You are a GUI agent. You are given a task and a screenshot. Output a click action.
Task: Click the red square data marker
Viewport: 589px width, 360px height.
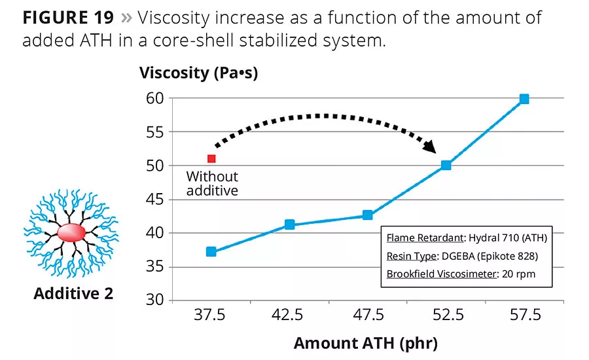[x=211, y=158]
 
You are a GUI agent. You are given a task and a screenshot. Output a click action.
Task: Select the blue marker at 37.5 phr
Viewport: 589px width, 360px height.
[x=211, y=251]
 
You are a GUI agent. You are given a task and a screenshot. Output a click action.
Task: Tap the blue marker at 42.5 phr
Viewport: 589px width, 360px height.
[x=289, y=225]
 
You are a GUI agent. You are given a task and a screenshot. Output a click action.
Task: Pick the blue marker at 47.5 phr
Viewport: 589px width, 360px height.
[x=368, y=215]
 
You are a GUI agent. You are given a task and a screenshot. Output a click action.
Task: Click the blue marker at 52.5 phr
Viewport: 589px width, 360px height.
[x=446, y=165]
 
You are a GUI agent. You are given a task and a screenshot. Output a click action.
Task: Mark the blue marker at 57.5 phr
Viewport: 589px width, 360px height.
[x=524, y=99]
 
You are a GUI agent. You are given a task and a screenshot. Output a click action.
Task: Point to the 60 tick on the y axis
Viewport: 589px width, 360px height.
[x=154, y=98]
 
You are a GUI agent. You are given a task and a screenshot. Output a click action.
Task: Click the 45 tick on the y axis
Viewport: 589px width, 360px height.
[x=154, y=200]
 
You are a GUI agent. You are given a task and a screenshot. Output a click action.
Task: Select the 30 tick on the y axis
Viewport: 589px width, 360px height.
[x=154, y=301]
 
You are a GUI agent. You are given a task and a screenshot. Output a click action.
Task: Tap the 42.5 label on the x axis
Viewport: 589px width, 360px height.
[x=289, y=316]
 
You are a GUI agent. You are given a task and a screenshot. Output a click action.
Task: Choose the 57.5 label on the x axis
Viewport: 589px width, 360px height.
[x=524, y=316]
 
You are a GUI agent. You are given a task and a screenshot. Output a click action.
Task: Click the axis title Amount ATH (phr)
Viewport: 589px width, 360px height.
[x=365, y=343]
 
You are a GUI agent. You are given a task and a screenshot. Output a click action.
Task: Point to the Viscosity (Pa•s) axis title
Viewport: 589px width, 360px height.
[x=199, y=73]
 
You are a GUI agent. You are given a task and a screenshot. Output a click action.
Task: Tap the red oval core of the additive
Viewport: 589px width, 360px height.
[x=71, y=232]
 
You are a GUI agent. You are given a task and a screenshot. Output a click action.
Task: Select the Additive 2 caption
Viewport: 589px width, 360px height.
[x=73, y=293]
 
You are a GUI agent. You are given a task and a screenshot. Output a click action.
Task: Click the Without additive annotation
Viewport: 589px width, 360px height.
[x=212, y=183]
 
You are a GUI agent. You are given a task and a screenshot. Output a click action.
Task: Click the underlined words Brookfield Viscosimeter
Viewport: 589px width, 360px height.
[x=442, y=274]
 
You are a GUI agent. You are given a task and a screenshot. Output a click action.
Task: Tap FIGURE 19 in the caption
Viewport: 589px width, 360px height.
[x=68, y=18]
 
